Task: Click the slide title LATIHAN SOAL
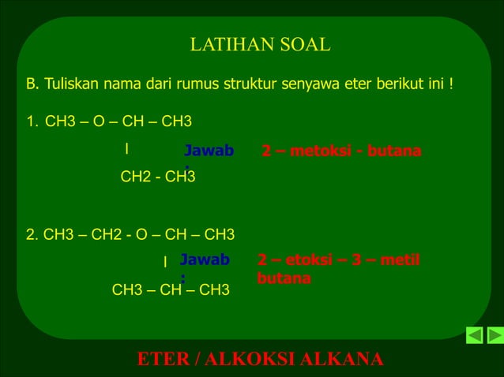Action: tap(260, 45)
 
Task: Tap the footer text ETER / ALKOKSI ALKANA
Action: tap(260, 359)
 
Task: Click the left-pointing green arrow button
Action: tap(474, 335)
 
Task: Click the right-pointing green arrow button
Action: tap(495, 335)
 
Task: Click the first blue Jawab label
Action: tap(209, 151)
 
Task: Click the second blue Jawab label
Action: tap(204, 259)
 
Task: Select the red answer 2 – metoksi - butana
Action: tap(341, 151)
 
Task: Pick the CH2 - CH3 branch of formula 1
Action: tap(157, 177)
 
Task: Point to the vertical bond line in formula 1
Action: tap(126, 148)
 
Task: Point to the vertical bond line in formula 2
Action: tap(165, 261)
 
